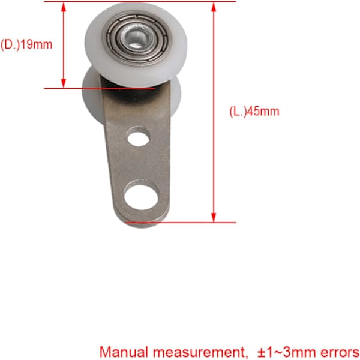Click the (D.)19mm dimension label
pos(26,44)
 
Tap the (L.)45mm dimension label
pos(254,112)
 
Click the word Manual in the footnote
pos(124,352)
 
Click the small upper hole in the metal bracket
pos(139,138)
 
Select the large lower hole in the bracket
pos(141,197)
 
